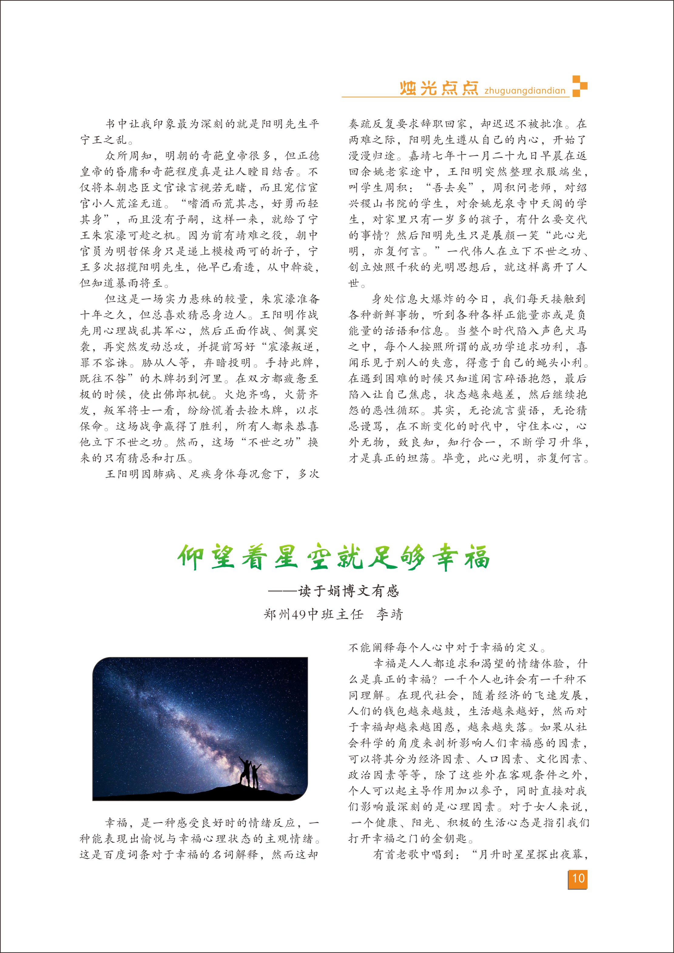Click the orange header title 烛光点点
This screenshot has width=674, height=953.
pos(439,89)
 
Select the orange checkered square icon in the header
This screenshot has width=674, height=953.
pos(580,86)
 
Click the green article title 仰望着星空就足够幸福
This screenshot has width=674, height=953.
pos(333,557)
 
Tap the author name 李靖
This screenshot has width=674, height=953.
pos(389,614)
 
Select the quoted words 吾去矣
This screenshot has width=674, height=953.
pos(450,188)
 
